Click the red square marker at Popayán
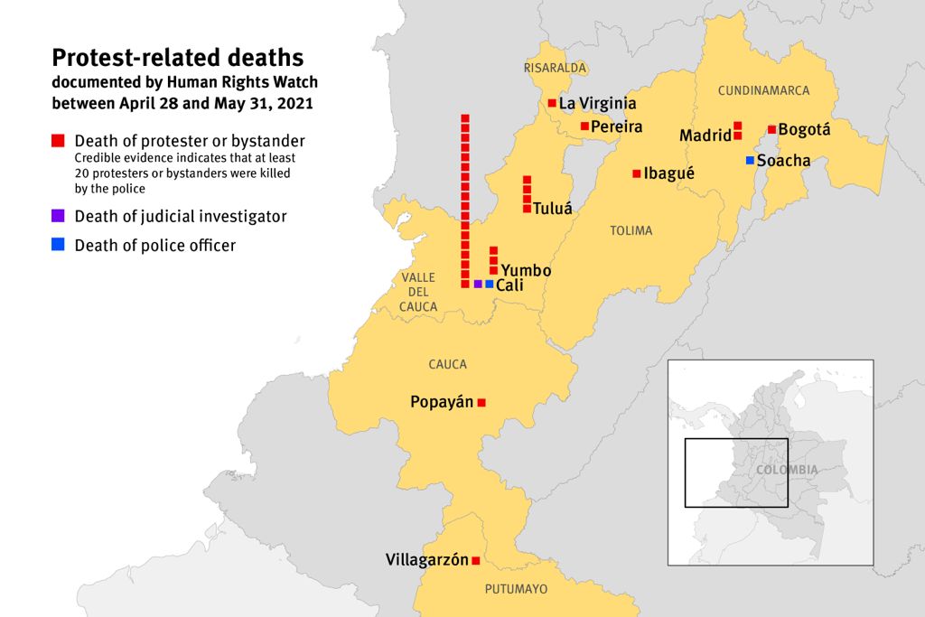(481, 403)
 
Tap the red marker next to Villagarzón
(476, 561)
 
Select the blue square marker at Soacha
(750, 161)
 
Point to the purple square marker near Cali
(477, 284)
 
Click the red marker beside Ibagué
(637, 173)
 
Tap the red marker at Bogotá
(771, 129)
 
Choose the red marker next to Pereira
(584, 126)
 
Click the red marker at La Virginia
(552, 103)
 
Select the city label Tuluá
(553, 208)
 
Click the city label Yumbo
(526, 270)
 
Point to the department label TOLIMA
(631, 231)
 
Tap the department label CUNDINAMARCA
(763, 90)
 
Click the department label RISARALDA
(555, 68)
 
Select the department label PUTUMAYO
(516, 589)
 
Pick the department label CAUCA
(448, 364)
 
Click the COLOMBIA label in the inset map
(787, 470)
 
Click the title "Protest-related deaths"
(177, 58)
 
